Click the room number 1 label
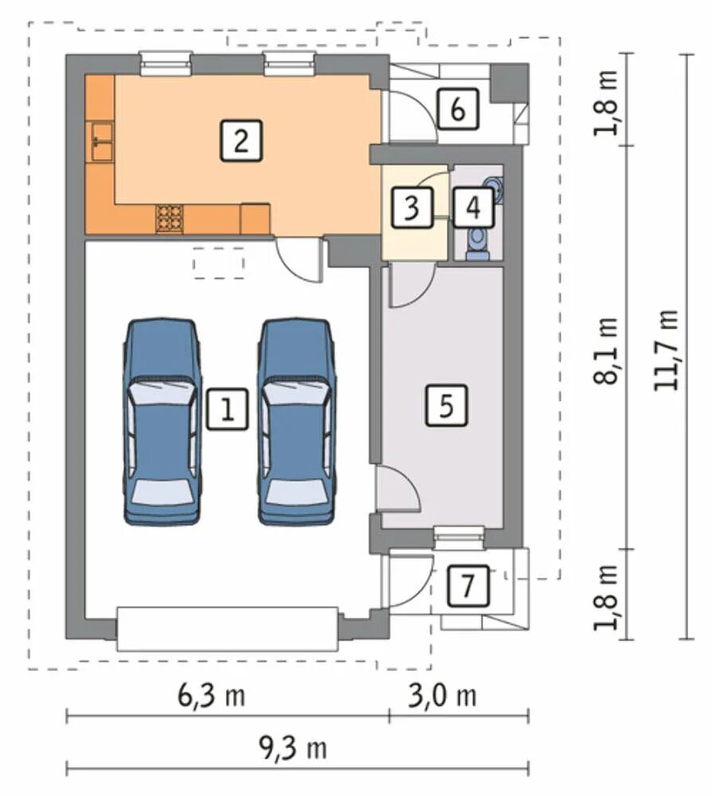[228, 409]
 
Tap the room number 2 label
[241, 141]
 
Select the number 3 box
[412, 207]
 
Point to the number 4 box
[473, 207]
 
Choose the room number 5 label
[446, 405]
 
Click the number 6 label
[458, 108]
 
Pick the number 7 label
[468, 586]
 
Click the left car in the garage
[162, 421]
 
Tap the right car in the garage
[297, 421]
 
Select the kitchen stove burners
[170, 218]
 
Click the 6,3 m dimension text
[211, 696]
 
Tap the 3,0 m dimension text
[442, 696]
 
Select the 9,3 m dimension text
[293, 748]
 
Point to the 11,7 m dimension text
[666, 349]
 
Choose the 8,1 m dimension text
[606, 351]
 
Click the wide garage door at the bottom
[228, 629]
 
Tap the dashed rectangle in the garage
[219, 263]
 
